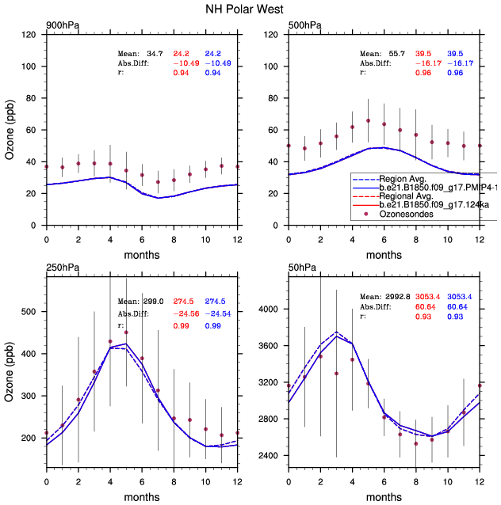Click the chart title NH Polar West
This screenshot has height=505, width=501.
[250, 9]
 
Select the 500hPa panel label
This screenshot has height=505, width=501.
[304, 26]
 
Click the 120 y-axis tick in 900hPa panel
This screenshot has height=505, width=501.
[30, 36]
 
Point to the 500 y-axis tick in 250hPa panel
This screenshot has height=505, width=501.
[30, 311]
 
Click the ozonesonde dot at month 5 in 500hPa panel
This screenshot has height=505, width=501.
[368, 120]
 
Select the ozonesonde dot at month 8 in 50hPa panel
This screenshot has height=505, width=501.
[415, 443]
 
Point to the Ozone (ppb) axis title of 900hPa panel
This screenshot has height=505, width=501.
[10, 130]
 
